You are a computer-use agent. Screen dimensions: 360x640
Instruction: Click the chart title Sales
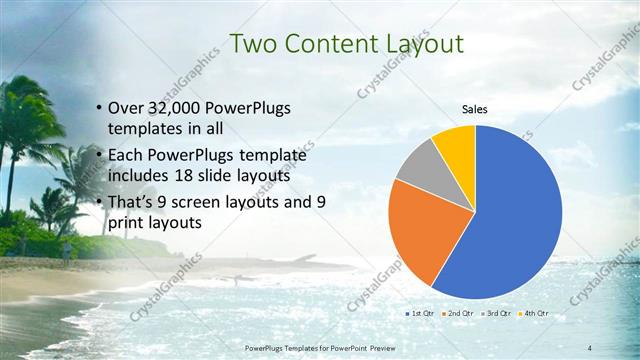tap(474, 110)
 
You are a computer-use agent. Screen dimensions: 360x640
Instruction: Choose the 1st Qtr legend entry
tap(417, 314)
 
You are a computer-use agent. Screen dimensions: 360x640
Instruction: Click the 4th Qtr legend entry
tap(535, 314)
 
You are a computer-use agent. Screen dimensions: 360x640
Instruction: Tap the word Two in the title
tap(250, 44)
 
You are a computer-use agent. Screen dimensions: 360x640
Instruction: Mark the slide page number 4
tap(590, 346)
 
